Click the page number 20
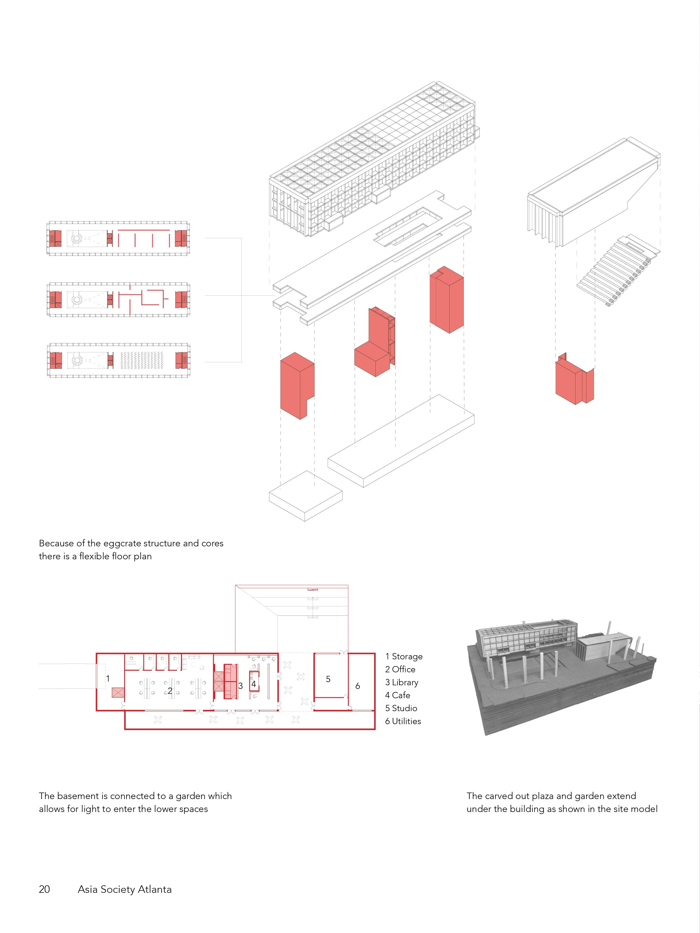[x=44, y=889]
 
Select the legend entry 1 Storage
[x=404, y=656]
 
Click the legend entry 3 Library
[x=402, y=682]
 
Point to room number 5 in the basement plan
[x=328, y=679]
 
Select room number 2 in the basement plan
[x=170, y=690]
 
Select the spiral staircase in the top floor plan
[x=77, y=239]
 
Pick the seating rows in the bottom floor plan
[x=145, y=361]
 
